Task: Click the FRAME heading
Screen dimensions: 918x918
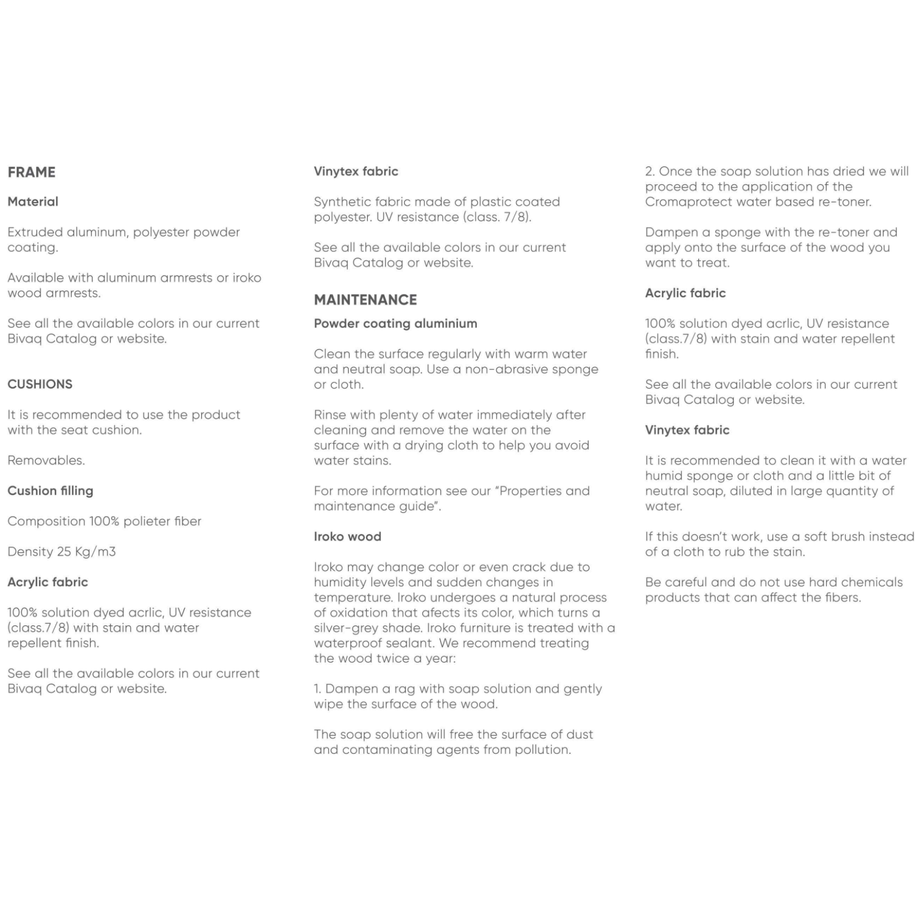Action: (32, 172)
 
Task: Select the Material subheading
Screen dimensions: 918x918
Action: (33, 202)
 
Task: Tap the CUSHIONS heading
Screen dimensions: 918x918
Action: (40, 384)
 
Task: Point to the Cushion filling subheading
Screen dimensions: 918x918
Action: (50, 491)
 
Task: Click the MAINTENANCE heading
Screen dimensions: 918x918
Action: (365, 300)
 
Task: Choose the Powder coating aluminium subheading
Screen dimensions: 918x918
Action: (395, 324)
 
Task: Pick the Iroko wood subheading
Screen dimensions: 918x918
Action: (347, 537)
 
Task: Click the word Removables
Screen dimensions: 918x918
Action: (46, 461)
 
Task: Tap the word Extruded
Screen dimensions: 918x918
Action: (34, 232)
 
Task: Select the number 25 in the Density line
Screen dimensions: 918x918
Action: (64, 552)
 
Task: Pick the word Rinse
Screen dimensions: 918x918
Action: (329, 415)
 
